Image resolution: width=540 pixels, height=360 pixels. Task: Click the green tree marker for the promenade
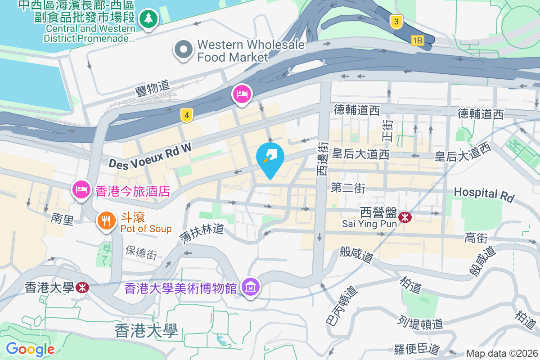coord(148,19)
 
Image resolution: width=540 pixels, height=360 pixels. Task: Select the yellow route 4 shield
coord(187,116)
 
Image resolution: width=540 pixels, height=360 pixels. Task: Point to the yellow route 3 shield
coord(396,22)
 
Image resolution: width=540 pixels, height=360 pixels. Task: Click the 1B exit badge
coord(417,40)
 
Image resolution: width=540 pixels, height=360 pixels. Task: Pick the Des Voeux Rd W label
coord(150,155)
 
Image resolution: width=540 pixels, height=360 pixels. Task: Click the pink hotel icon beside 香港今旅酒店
coord(81,189)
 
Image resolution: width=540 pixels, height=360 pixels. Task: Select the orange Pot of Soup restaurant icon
coord(106,220)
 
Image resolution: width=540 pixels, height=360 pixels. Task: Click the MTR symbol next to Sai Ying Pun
coord(405,218)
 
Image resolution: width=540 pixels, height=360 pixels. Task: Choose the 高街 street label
coord(476,238)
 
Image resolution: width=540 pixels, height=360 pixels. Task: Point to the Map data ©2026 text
coord(501,354)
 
